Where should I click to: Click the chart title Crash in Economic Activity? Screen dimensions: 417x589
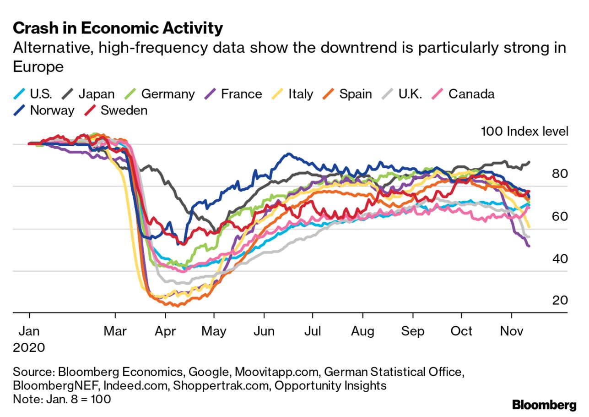pos(118,28)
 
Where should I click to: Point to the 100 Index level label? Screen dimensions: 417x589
pos(524,132)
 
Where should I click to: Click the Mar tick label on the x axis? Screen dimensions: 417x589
pos(115,331)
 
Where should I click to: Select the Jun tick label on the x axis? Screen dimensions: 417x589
pos(264,331)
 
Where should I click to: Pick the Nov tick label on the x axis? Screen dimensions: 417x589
pos(511,331)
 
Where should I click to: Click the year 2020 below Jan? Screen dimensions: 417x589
pos(29,347)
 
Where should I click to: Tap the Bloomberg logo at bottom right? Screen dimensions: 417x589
pos(544,405)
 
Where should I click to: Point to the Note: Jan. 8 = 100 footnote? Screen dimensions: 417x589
pos(62,399)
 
